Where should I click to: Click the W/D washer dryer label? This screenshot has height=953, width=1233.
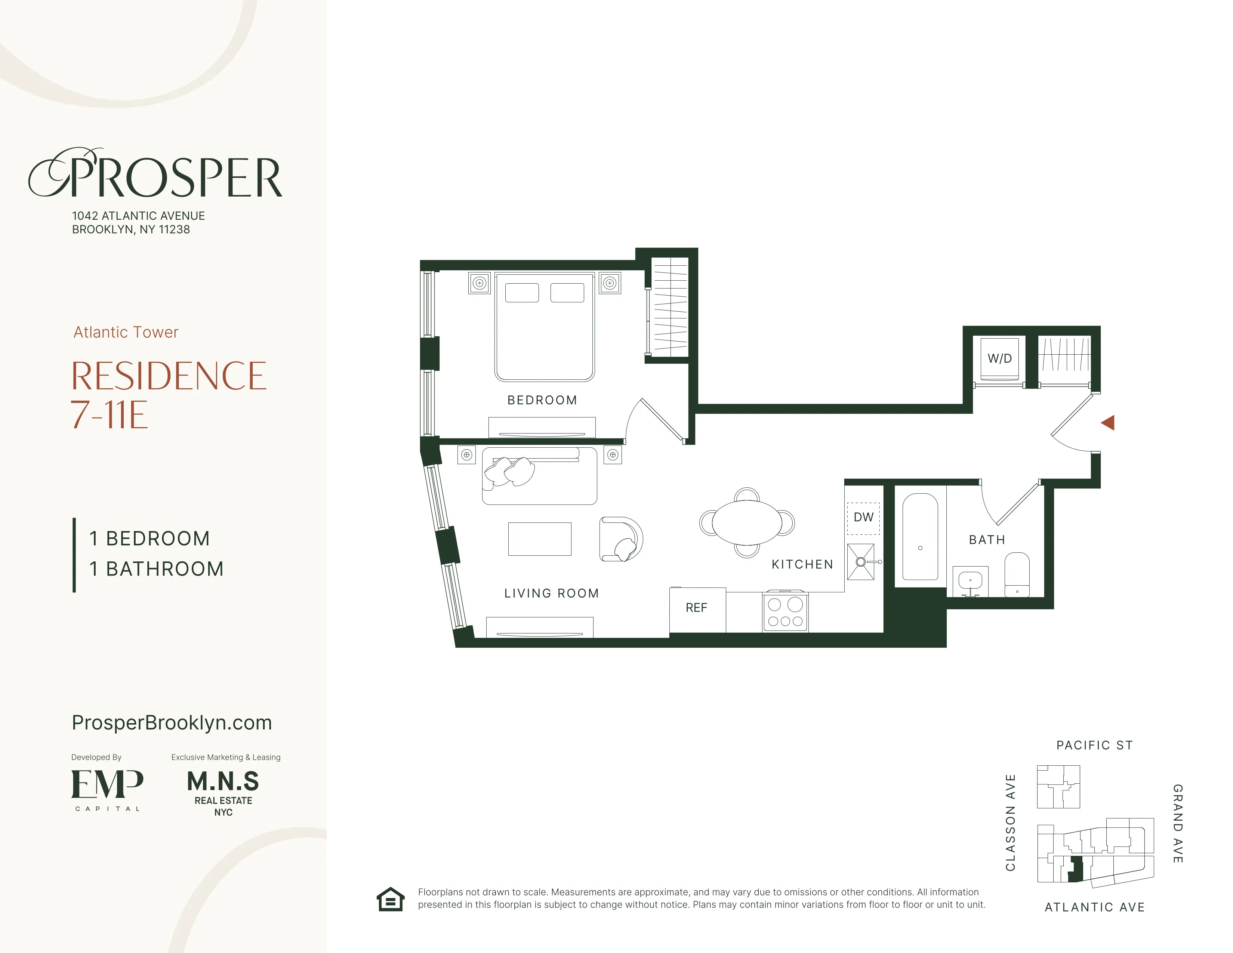999,358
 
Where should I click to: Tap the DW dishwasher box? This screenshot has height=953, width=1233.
863,517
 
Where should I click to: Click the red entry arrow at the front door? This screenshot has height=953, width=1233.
1108,422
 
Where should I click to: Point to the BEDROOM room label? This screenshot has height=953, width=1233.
542,400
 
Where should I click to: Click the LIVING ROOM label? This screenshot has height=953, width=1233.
551,593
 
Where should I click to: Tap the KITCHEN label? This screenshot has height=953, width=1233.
802,565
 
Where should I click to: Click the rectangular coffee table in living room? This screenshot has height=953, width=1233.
539,539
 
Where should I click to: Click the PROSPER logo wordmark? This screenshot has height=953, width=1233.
155,175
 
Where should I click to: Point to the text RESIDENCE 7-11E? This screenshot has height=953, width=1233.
168,395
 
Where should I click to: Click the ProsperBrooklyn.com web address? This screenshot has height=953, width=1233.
172,723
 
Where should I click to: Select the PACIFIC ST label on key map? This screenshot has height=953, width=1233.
1094,745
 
